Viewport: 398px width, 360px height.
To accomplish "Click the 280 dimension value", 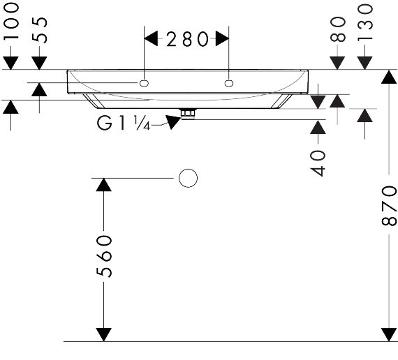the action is (187, 39).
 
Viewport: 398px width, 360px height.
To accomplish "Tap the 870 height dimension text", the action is (389, 206).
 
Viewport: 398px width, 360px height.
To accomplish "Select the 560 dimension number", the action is (104, 256).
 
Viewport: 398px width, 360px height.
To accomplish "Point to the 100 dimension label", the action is (11, 21).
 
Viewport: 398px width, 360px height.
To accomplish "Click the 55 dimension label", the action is (40, 30).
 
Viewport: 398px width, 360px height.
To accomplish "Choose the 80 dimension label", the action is (338, 29).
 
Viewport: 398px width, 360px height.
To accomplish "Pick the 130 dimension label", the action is (365, 22).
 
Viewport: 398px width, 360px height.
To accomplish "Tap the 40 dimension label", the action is (318, 163).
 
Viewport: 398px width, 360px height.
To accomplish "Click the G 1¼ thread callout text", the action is (124, 123).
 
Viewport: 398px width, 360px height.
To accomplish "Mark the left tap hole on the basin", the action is (144, 83).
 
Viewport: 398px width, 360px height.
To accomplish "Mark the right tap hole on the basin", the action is (229, 83).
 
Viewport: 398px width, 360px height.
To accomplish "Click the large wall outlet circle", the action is (188, 178).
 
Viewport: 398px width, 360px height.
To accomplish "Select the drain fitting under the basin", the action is (188, 114).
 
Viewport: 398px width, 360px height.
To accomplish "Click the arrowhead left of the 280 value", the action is (151, 38).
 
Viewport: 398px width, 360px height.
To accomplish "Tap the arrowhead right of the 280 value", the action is (222, 38).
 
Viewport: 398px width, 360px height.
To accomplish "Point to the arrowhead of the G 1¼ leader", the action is (173, 122).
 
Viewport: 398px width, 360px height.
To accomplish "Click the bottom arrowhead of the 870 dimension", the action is (389, 335).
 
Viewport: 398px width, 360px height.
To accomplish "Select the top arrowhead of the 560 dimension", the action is (104, 185).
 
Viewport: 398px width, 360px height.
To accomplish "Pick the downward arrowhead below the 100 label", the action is (10, 63).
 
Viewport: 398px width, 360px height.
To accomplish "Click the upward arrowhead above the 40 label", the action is (318, 127).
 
